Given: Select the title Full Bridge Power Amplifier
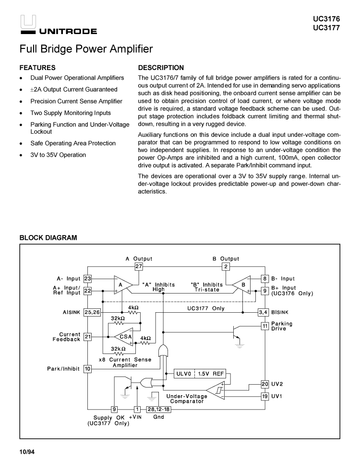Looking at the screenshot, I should point(86,49).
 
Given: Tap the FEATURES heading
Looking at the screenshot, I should point(37,68).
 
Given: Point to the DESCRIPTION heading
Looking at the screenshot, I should point(161,68).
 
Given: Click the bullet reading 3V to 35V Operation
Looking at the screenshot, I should point(58,155).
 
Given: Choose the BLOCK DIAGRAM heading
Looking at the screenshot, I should point(48,238).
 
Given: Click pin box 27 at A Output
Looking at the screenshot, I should point(139,266).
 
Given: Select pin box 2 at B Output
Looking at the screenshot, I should point(226,266).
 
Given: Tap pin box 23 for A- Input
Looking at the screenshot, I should point(87,278).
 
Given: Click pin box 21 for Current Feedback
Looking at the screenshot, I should point(87,337).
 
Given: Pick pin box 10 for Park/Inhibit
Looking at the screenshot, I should point(87,369).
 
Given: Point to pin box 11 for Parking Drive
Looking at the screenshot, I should point(264,326).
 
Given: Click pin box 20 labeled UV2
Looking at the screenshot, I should point(264,384).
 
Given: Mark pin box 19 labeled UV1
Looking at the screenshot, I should point(264,396).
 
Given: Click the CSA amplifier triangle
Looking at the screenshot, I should point(124,337).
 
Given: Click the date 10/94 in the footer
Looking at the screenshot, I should point(27,452).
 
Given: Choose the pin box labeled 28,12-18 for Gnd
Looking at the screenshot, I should point(158,409).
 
